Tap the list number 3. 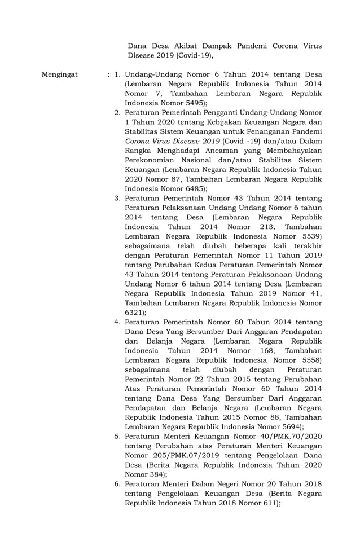pos(117,199)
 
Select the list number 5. pos(117,436)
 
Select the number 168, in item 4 pos(255,350)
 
